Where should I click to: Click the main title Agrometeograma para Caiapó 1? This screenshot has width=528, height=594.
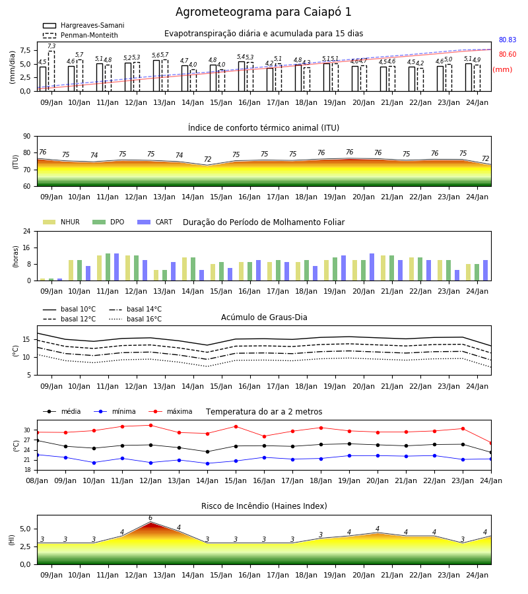[263, 13]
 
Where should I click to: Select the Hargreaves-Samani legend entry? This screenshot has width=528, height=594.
[83, 25]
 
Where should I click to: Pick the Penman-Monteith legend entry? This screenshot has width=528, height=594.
[81, 35]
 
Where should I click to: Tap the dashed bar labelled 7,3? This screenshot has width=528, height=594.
[51, 71]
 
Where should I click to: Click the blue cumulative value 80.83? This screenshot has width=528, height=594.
[508, 40]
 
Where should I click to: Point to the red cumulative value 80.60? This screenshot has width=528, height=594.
[508, 54]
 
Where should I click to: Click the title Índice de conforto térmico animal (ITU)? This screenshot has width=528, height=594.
[263, 127]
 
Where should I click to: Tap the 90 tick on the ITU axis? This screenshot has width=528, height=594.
[27, 137]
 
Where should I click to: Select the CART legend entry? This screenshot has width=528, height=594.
[155, 222]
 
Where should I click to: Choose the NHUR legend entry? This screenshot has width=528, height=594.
[61, 222]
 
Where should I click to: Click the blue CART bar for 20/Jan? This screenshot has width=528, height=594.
[372, 267]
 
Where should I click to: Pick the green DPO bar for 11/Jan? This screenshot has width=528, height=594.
[108, 267]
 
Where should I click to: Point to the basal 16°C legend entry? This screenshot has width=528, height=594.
[135, 319]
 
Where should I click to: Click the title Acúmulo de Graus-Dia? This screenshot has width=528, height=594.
[264, 317]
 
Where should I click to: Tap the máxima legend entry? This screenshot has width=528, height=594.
[170, 411]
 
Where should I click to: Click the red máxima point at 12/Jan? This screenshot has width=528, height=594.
[150, 426]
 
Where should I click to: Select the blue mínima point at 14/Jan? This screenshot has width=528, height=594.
[207, 464]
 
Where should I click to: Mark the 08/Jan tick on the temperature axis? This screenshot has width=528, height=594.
[37, 480]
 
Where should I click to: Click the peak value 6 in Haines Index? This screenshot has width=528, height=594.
[150, 518]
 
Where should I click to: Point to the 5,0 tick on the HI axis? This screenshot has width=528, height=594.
[26, 529]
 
